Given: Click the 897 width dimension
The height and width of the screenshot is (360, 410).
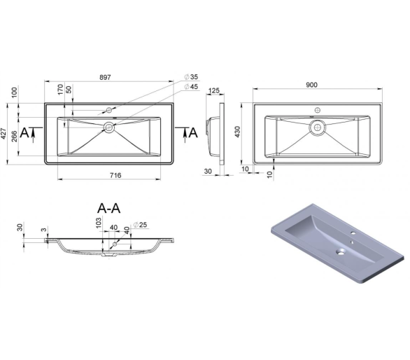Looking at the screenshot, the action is click(105, 78).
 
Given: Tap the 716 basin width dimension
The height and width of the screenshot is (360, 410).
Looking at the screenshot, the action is click(115, 175).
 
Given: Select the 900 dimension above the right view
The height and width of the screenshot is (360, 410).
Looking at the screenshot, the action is click(311, 85).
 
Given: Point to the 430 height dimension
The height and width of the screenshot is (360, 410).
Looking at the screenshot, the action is click(237, 132).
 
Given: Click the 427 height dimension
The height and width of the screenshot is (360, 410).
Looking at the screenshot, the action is click(4, 134).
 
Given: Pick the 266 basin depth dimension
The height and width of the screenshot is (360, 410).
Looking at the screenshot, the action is click(15, 136).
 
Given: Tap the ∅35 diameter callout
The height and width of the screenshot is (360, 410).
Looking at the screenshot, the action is click(191, 77).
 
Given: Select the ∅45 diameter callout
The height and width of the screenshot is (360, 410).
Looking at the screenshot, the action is click(191, 87).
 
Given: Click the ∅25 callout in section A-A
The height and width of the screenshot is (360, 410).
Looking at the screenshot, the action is click(140, 225).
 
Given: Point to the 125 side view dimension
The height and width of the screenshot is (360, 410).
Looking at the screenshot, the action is click(214, 90).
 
